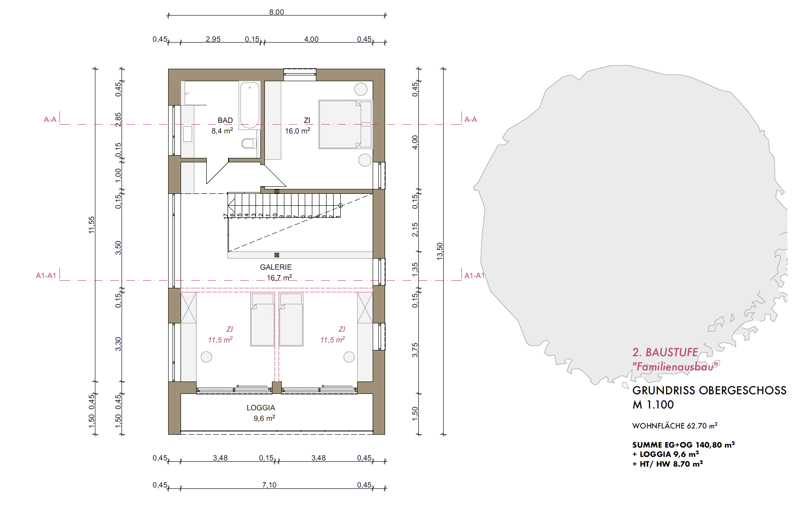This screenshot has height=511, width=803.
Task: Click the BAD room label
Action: point(225,120)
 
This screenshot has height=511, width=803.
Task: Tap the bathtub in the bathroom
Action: point(249,105)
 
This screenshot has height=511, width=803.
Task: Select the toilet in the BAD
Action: point(248,143)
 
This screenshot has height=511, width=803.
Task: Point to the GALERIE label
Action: point(276,267)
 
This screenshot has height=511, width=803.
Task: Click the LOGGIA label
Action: point(260,408)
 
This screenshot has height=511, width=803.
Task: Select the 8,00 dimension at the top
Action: point(276,12)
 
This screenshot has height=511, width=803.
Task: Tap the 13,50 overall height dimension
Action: point(440,251)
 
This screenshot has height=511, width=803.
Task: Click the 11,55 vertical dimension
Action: point(91,224)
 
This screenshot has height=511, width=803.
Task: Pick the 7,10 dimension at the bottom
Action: point(269,485)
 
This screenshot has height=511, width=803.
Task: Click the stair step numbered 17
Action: point(226,216)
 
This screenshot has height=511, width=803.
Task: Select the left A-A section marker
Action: point(50,119)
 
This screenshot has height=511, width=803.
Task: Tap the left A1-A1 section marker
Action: point(46,275)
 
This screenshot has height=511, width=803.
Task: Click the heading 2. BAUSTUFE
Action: point(665,352)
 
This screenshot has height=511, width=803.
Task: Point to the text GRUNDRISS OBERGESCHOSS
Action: point(709,390)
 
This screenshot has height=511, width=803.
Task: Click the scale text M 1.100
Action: point(653,405)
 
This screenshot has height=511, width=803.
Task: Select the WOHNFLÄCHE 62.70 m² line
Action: point(674,426)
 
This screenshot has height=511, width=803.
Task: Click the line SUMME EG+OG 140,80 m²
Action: point(683,444)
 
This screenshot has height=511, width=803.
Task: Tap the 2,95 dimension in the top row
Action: point(213,39)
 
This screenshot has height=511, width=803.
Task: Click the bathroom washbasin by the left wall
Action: point(187,134)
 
